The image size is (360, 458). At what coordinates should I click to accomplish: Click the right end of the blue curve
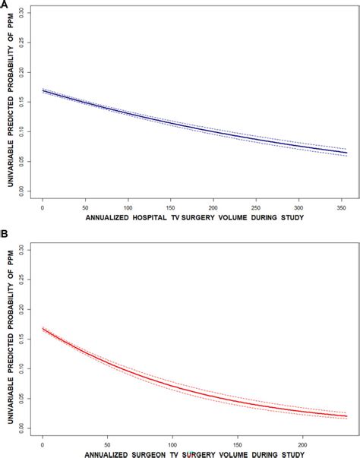(345, 153)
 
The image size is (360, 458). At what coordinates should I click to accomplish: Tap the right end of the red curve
(345, 415)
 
